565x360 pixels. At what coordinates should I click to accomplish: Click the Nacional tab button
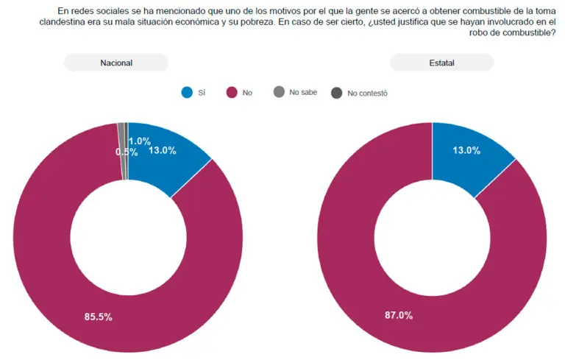(116, 63)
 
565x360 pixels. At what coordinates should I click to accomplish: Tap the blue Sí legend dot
(187, 93)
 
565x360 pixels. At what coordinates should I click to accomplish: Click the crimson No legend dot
(230, 93)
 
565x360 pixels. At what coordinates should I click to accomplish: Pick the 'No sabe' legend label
(303, 93)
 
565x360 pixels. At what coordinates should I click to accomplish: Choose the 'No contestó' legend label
(367, 93)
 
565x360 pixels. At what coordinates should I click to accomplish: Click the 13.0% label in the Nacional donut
(162, 150)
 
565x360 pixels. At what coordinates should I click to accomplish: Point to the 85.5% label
(99, 317)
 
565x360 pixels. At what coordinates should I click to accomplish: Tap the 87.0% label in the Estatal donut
(399, 315)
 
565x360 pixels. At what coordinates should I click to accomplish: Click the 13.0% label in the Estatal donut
(466, 150)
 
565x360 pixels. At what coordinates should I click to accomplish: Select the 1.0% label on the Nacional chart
(140, 141)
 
